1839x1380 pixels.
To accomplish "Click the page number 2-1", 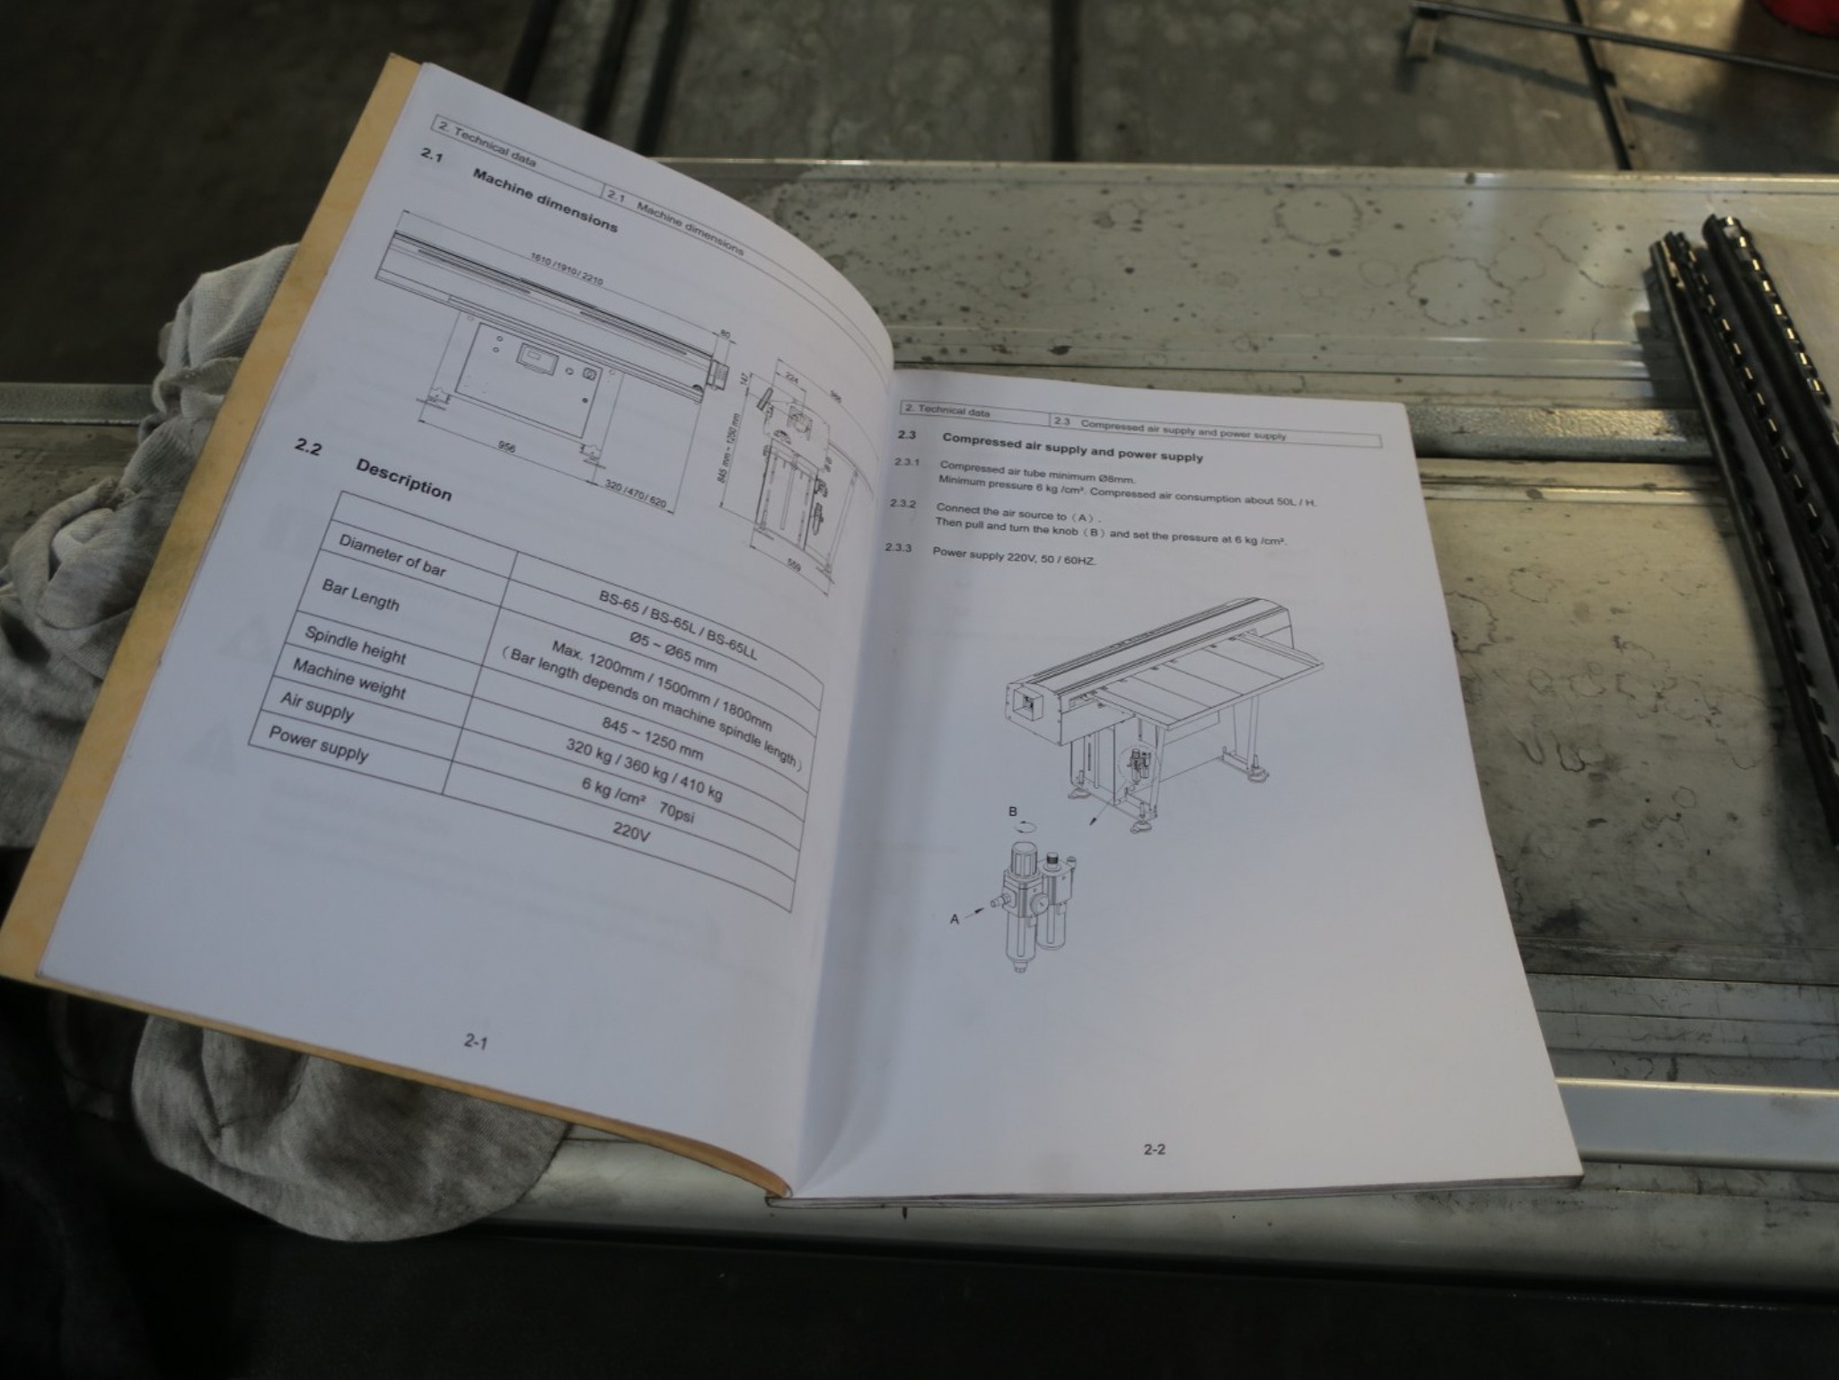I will point(475,1041).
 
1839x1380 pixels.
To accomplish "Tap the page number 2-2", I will point(1154,1148).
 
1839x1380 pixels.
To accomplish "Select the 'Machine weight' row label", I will point(349,679).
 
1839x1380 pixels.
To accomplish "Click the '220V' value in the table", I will point(631,830).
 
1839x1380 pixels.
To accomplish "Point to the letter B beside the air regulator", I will point(1013,812).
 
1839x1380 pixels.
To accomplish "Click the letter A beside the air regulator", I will point(955,919).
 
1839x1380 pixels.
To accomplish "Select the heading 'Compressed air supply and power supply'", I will point(1072,447).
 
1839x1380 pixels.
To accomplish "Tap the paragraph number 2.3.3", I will point(898,547).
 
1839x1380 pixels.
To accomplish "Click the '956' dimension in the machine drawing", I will point(506,446).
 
